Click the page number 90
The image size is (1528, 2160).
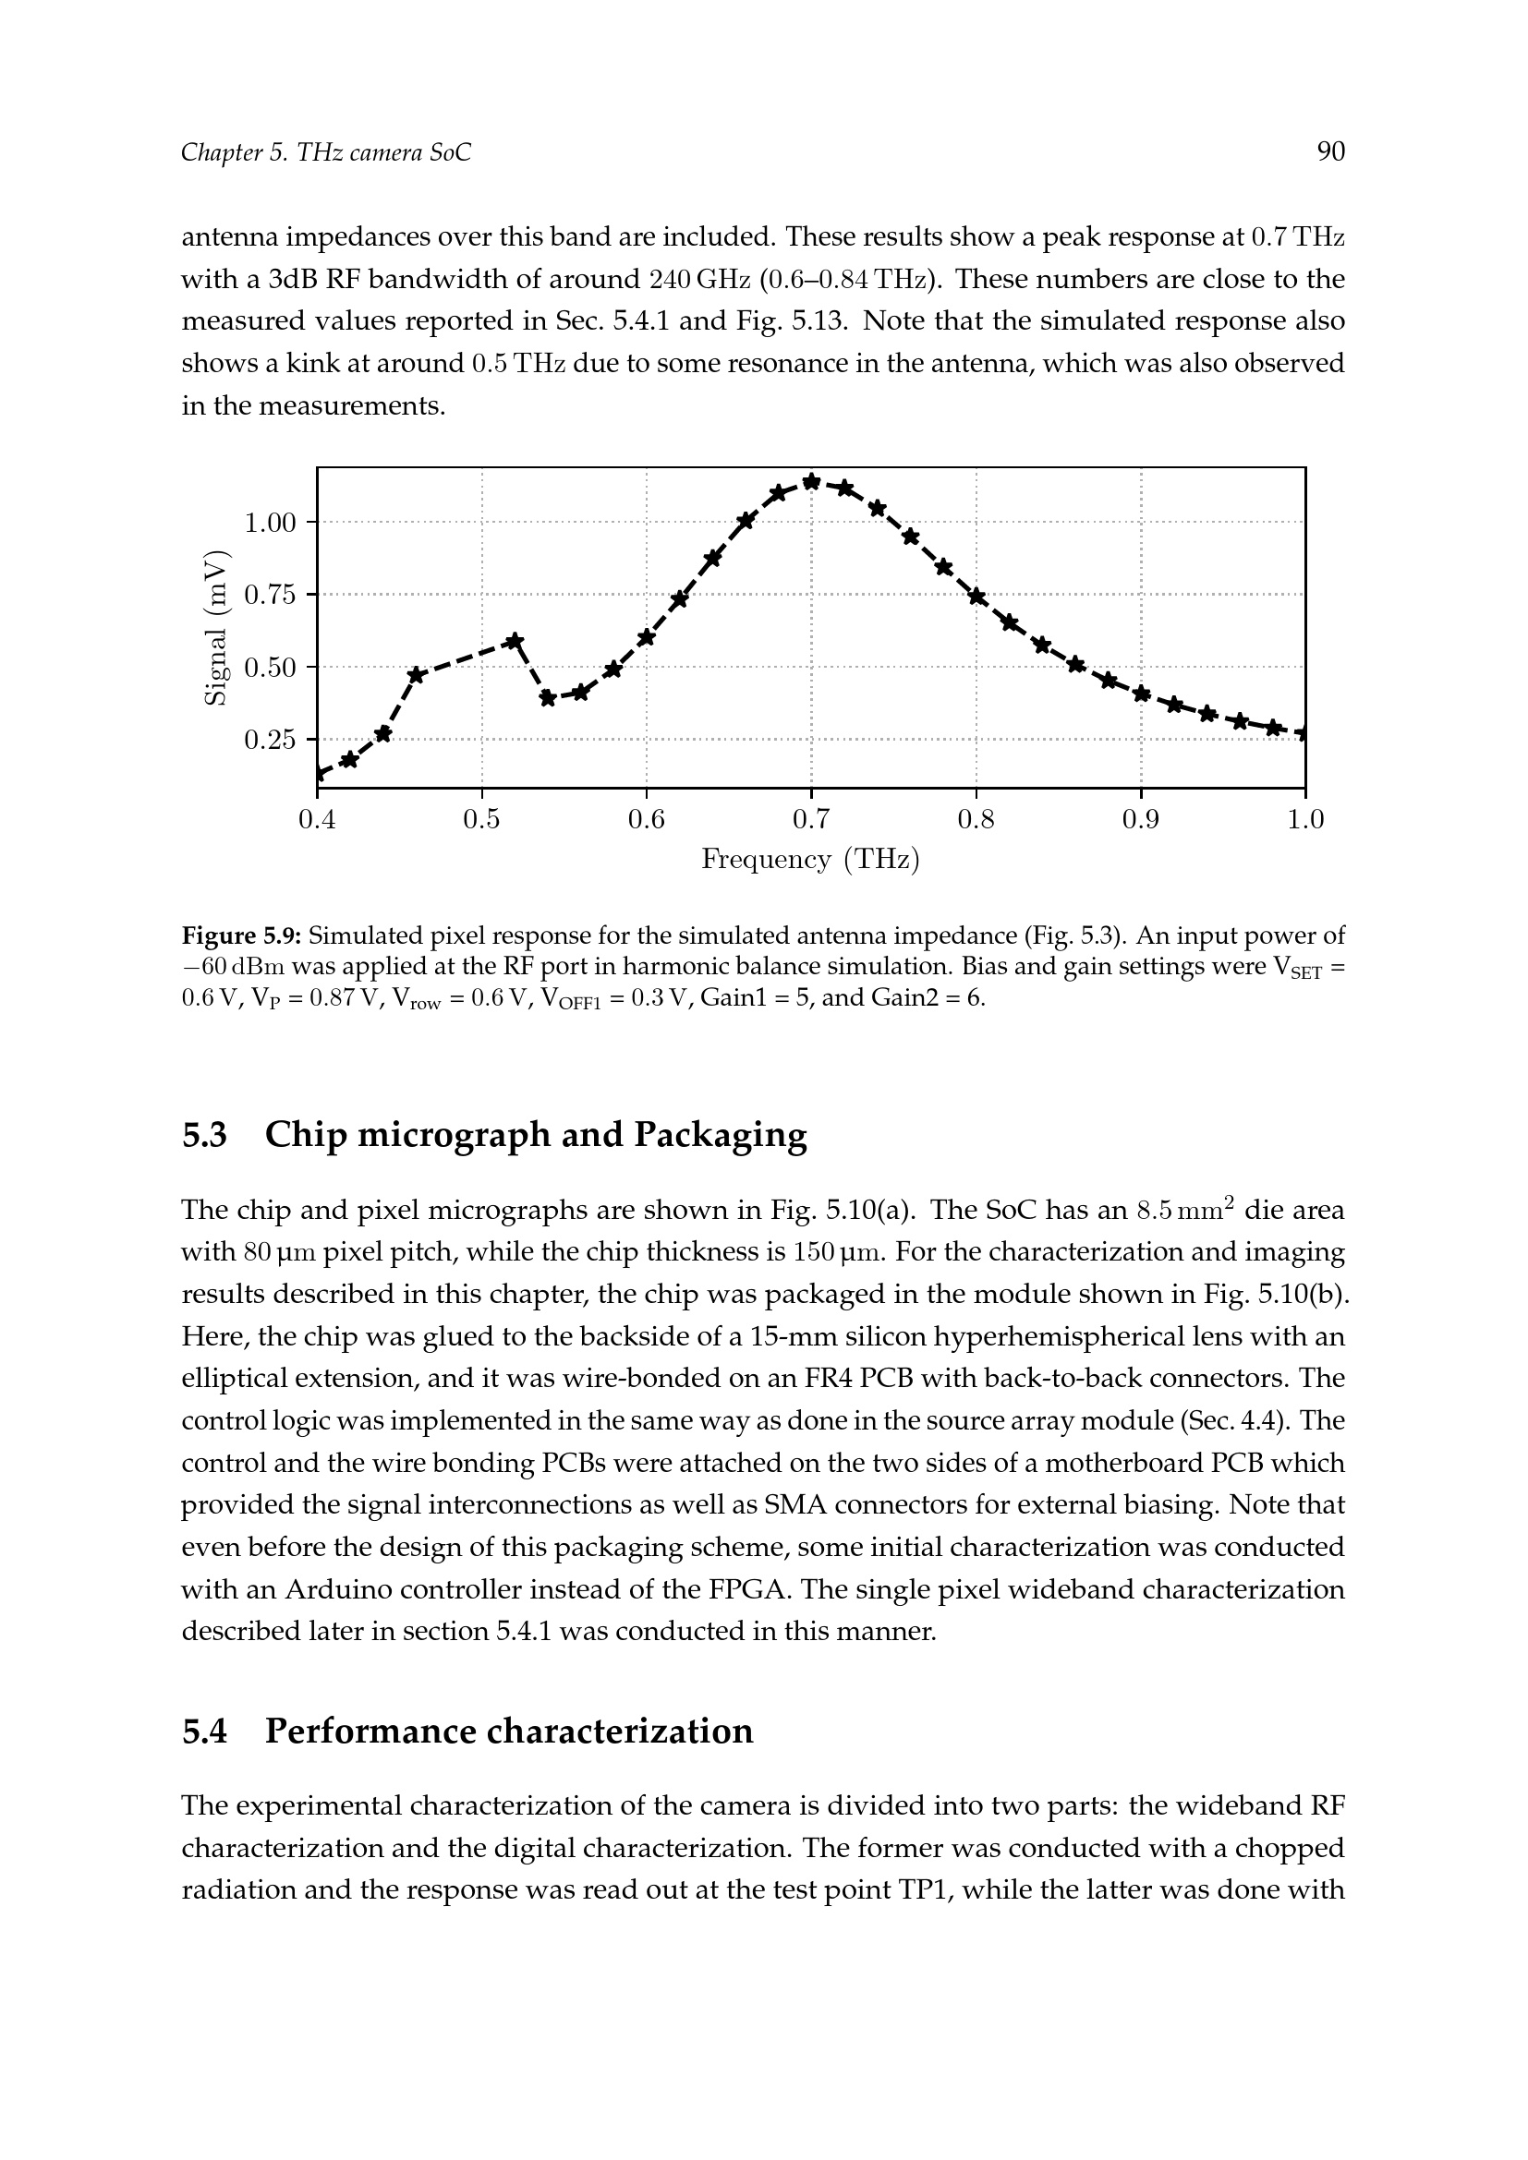1330,151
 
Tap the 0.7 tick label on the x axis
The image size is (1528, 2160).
811,820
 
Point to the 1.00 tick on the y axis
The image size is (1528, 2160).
270,522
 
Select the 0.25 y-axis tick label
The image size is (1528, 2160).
270,741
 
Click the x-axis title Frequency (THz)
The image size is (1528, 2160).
810,860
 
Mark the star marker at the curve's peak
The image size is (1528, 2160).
811,483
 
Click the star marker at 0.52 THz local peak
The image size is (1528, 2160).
515,642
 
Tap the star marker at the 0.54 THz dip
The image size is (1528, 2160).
548,698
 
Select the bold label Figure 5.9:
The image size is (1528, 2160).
241,936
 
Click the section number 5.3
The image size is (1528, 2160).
204,1136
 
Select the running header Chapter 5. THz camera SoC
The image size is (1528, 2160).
325,152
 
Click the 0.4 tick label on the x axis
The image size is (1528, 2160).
317,820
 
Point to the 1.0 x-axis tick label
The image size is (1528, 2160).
1305,820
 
